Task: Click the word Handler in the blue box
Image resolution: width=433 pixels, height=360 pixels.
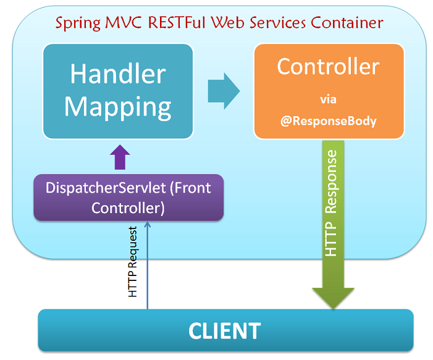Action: point(118,75)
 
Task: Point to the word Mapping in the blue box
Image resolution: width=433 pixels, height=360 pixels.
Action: point(118,106)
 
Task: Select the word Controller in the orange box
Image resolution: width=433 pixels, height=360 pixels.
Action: point(328,66)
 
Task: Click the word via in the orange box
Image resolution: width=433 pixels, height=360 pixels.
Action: point(328,99)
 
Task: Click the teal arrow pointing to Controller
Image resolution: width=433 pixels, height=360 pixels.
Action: point(223,91)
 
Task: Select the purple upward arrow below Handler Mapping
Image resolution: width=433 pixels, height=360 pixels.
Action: point(120,158)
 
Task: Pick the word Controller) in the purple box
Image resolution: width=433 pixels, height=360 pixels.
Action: point(128,208)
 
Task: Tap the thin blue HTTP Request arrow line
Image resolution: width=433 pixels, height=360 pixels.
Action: point(147,272)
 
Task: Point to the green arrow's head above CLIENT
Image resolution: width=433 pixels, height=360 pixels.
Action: point(333,297)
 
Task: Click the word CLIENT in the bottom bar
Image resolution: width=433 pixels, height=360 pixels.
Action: point(224,330)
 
